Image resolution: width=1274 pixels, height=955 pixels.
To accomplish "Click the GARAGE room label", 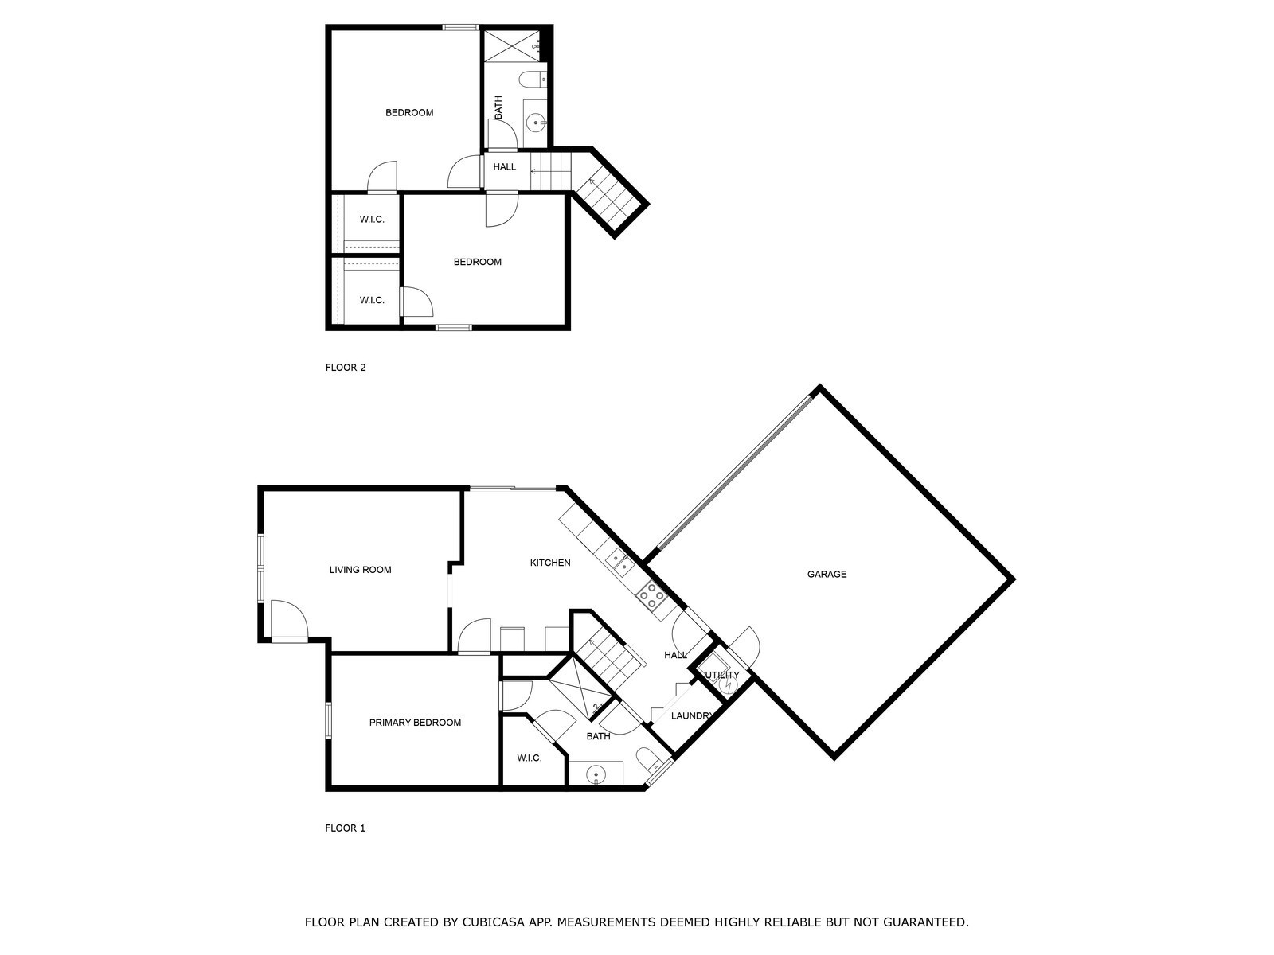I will [827, 574].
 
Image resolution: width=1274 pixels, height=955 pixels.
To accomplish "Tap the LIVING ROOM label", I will [360, 570].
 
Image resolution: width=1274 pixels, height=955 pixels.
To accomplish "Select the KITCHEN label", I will [550, 563].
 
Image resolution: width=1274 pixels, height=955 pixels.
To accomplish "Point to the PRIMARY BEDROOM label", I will [415, 723].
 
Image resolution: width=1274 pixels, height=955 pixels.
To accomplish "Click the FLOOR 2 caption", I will [346, 368].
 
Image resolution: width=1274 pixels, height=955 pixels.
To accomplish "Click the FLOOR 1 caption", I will [345, 828].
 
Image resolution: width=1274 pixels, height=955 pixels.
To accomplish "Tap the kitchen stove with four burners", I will [652, 595].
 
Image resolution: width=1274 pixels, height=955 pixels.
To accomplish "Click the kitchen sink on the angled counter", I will [619, 561].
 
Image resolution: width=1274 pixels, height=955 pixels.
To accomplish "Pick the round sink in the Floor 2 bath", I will [536, 123].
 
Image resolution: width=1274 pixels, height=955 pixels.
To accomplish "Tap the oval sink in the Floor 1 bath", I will [596, 774].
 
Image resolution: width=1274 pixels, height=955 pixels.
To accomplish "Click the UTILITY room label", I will [722, 675].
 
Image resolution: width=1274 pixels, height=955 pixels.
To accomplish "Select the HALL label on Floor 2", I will [504, 167].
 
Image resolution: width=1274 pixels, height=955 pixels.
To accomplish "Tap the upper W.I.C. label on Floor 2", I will [372, 220].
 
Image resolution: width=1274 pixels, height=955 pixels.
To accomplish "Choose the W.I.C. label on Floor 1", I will [529, 758].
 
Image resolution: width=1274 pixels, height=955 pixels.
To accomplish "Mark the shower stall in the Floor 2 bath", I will [511, 45].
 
